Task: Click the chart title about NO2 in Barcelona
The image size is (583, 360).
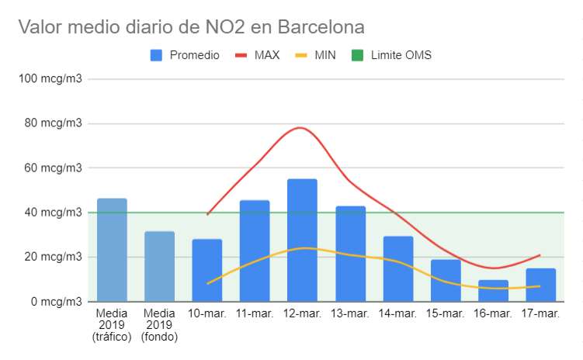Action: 191,27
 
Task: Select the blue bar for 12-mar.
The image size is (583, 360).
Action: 302,241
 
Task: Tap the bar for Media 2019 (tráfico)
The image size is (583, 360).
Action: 112,250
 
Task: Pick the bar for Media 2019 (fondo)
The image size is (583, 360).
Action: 159,266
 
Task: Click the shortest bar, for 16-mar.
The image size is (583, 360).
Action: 493,291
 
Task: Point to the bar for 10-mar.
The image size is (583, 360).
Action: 207,270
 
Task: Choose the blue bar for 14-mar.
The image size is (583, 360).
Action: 397,268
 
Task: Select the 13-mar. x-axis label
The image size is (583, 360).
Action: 349,313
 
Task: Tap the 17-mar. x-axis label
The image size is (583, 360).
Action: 540,313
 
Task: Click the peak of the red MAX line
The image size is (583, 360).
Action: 302,127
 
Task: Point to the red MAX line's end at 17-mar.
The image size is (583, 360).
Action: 540,255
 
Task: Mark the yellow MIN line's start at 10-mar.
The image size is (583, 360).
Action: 208,283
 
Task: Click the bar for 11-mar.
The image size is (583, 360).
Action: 255,251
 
